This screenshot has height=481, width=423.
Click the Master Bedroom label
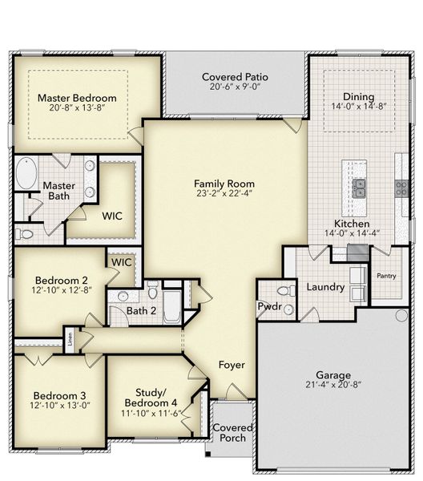tap(77, 98)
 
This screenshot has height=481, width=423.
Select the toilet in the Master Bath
tap(26, 235)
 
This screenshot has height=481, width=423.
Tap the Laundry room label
tap(325, 287)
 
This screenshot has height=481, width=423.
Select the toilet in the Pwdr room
tap(282, 292)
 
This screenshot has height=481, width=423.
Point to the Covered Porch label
tap(233, 433)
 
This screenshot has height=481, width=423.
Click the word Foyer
tap(232, 366)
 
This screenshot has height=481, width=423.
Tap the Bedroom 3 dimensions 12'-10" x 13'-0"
tap(60, 406)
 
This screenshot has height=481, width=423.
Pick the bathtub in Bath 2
tap(172, 305)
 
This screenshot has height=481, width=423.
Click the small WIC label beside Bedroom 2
tap(121, 262)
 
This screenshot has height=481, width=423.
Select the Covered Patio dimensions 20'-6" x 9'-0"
tap(235, 87)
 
